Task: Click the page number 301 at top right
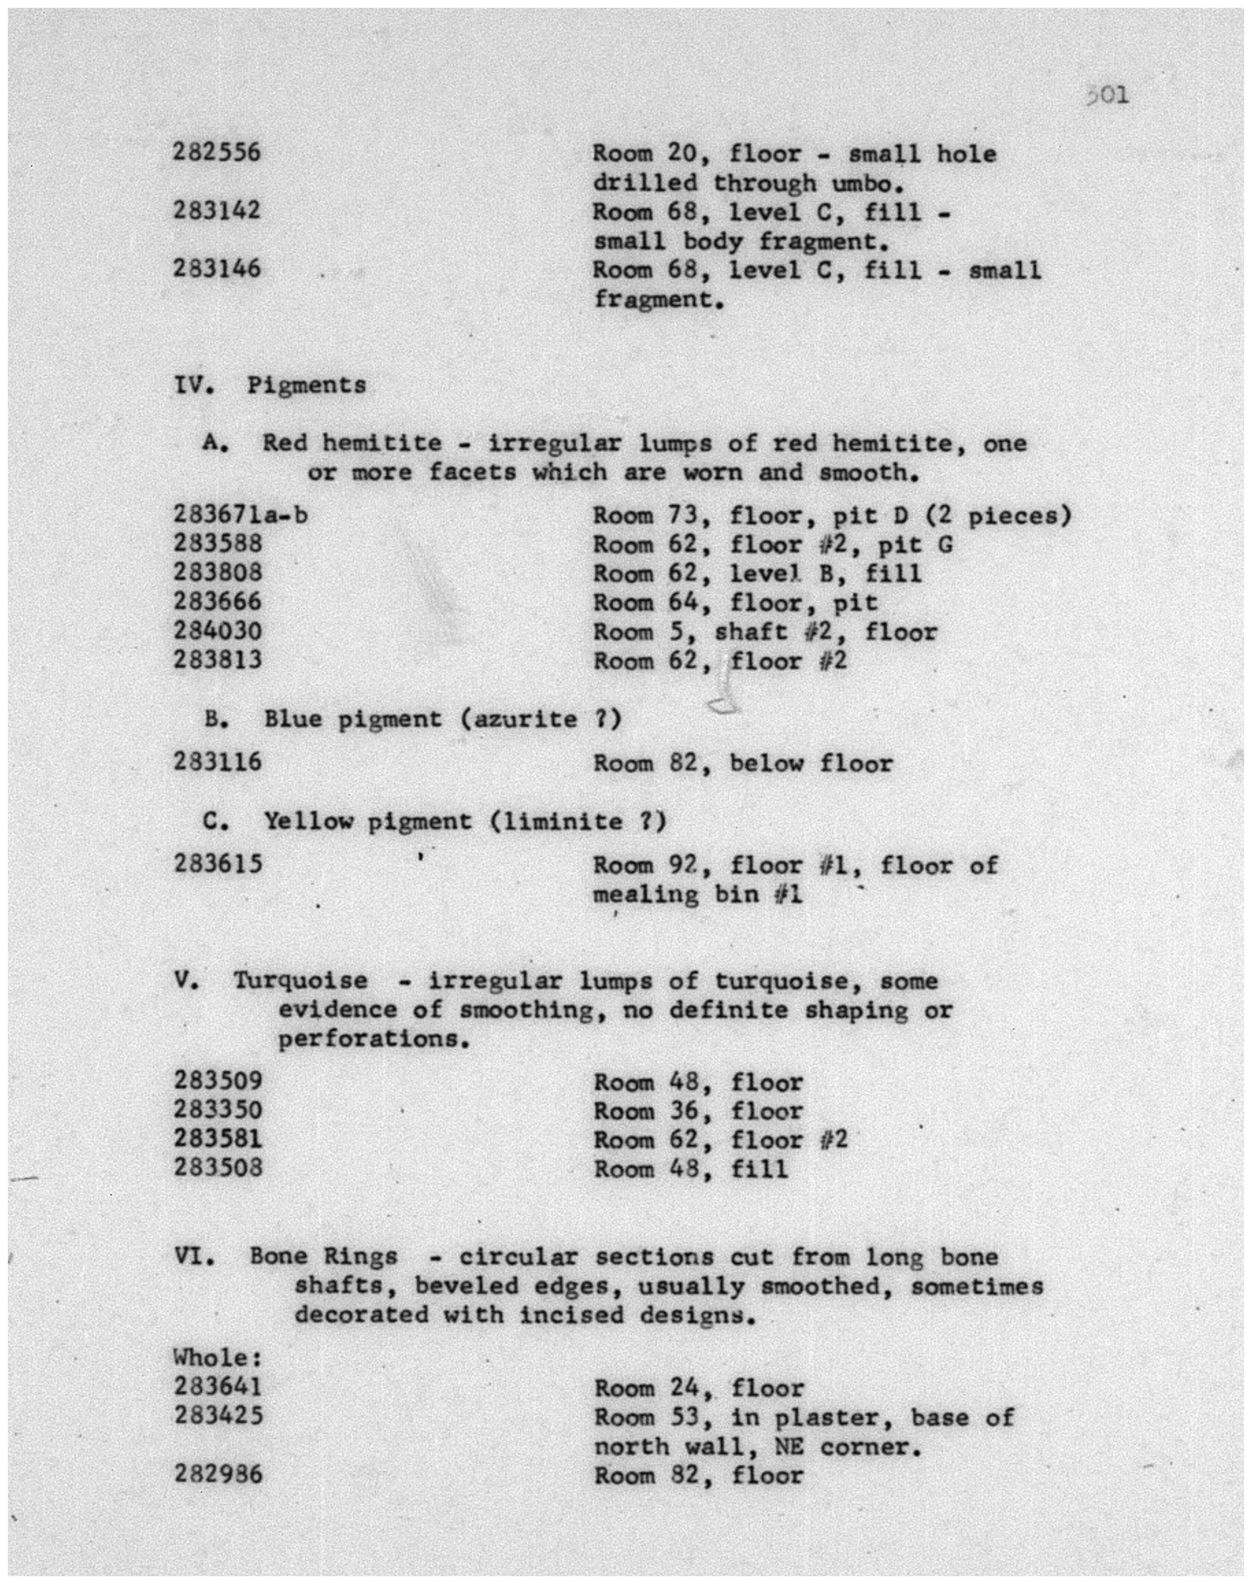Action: tap(1108, 95)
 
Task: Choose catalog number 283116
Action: tap(217, 762)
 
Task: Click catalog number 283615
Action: tap(217, 864)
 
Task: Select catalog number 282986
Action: tap(217, 1474)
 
